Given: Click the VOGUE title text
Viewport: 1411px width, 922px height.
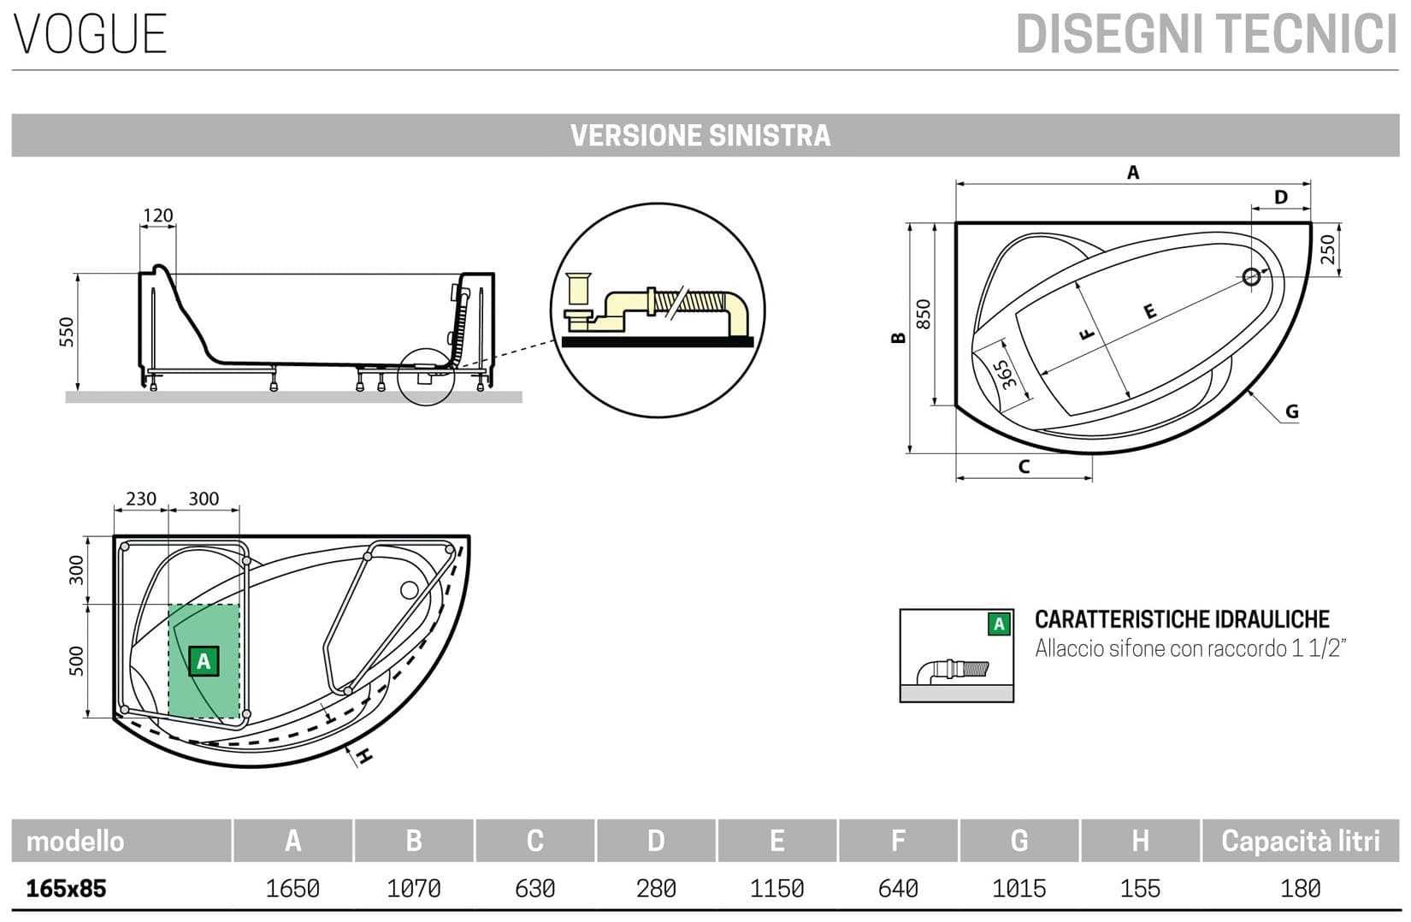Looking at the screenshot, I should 90,34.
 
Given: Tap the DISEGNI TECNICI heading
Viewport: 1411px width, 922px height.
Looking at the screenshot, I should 1206,34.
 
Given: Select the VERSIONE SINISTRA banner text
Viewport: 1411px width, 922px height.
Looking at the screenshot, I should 700,135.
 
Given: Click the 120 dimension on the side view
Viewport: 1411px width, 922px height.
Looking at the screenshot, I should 157,216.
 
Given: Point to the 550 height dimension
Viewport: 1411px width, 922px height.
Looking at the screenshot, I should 67,332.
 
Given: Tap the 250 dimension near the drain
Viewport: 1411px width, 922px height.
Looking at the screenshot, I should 1327,249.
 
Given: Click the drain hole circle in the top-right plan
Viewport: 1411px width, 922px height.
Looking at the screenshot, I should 1252,276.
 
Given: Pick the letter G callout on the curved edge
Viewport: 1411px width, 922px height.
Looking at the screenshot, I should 1291,411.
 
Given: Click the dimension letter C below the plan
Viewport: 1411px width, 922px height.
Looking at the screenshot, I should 1024,467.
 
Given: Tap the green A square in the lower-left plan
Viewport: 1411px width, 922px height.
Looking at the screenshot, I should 204,661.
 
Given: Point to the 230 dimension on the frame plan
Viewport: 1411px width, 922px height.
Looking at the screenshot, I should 141,499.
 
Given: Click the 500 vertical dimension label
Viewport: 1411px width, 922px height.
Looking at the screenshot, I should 76,660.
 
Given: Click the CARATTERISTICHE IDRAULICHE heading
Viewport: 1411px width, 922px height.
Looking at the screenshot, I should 1182,619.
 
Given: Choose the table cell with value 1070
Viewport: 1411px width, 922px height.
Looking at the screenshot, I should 414,889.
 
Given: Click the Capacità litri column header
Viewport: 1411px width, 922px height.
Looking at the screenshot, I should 1300,841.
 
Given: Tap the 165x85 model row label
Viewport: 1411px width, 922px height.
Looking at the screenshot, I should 67,889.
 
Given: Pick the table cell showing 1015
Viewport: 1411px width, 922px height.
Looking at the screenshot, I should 1019,889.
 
